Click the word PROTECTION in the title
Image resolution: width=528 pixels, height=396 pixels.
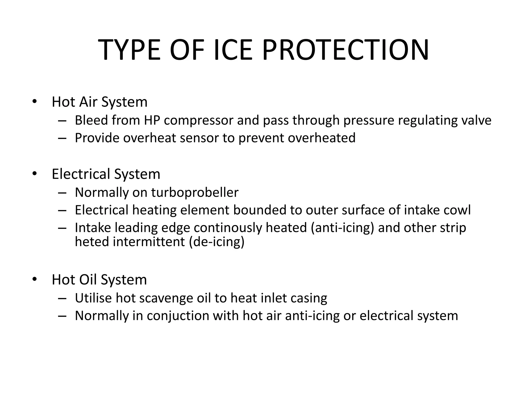pyautogui.click(x=345, y=50)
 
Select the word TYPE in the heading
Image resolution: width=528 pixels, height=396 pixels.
pyautogui.click(x=129, y=50)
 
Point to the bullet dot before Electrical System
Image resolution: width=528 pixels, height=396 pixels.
pyautogui.click(x=35, y=174)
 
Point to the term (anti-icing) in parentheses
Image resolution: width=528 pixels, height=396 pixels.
pyautogui.click(x=342, y=228)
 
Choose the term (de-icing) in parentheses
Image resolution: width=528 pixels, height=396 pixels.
pyautogui.click(x=217, y=242)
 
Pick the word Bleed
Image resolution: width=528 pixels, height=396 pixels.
pyautogui.click(x=91, y=120)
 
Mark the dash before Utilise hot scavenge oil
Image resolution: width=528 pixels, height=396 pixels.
pyautogui.click(x=62, y=298)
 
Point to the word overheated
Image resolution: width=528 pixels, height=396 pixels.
pyautogui.click(x=321, y=138)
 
